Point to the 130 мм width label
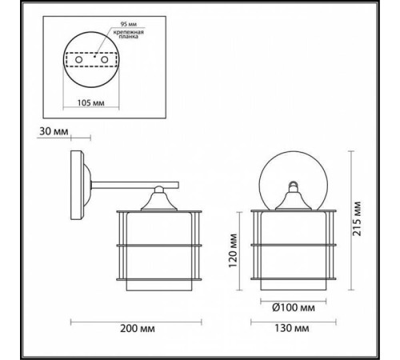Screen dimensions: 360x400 [292, 329]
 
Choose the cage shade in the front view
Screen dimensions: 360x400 [292, 248]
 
